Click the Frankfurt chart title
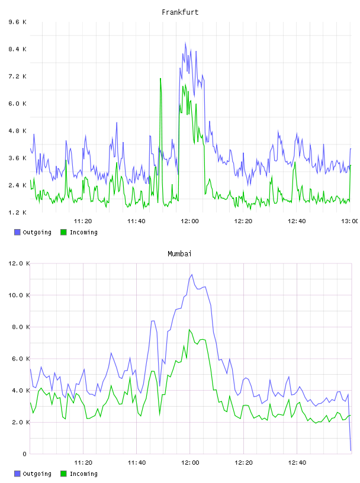tap(180, 12)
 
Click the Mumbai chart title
tap(179, 254)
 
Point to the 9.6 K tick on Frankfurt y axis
tap(18, 22)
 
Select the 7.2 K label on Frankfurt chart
tap(18, 76)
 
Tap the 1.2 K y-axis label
tap(18, 212)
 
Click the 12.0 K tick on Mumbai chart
tap(19, 263)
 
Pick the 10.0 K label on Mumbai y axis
tap(19, 295)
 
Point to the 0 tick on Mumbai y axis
tap(24, 454)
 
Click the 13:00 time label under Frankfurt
tap(350, 221)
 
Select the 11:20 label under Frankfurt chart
tap(83, 221)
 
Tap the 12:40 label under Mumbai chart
tap(297, 463)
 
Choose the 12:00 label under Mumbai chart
tap(190, 463)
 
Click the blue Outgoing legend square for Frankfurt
tap(17, 232)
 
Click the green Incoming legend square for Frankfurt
tap(63, 232)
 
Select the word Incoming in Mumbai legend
tap(83, 474)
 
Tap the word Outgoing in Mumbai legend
tap(37, 474)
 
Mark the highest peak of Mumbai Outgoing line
tap(192, 275)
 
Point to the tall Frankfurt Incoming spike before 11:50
tap(160, 79)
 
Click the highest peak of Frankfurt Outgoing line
tap(185, 43)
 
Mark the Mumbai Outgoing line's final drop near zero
tap(351, 450)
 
